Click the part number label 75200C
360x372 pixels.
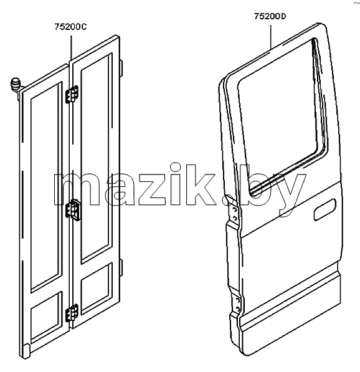tap(70, 27)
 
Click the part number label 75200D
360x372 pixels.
tap(270, 16)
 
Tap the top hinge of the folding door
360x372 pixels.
tap(72, 94)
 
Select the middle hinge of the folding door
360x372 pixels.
tap(73, 210)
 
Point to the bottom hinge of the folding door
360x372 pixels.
tap(72, 313)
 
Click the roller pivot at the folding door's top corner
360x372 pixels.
tap(16, 85)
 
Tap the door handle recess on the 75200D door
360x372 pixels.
tap(324, 209)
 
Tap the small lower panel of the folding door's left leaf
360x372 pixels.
tap(46, 318)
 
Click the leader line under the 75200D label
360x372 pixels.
tap(270, 37)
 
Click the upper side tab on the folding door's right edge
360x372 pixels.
tap(121, 69)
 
